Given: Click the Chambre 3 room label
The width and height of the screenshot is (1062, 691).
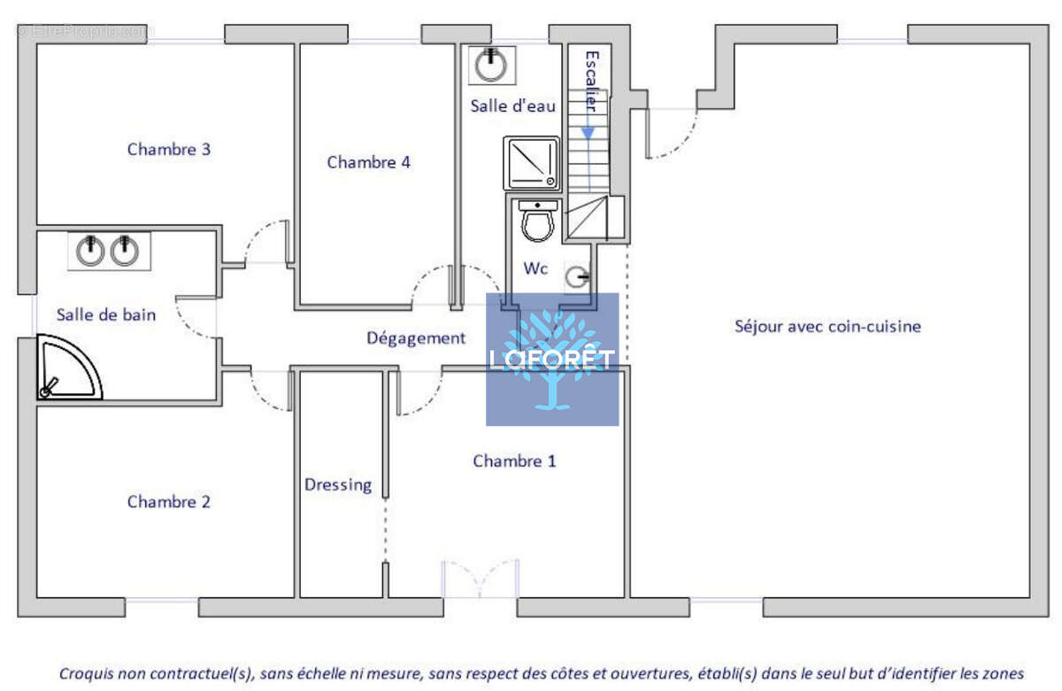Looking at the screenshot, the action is click(169, 150).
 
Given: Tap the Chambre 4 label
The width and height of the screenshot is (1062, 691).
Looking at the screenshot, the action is click(368, 162).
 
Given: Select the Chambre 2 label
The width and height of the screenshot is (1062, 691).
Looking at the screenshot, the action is click(169, 501).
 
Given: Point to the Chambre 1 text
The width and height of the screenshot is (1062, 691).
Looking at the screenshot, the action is click(514, 461).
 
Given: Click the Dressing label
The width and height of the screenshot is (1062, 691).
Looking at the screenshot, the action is click(338, 485).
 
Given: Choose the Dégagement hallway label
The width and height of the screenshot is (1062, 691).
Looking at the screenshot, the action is click(416, 338).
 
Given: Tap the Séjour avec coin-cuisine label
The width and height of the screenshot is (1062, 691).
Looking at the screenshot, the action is click(827, 327).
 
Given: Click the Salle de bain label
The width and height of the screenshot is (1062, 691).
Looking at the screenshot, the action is click(106, 314).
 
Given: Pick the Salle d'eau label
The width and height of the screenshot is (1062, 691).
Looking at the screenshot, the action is click(513, 105).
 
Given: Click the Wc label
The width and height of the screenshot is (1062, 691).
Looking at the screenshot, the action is click(535, 268).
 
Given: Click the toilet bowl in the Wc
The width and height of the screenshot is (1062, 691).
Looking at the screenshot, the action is click(538, 221).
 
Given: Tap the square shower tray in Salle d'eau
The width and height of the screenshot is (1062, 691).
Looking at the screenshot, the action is click(532, 163).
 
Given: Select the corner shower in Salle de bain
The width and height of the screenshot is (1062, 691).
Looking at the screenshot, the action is click(69, 368).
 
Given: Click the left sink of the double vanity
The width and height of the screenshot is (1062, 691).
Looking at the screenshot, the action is click(90, 250).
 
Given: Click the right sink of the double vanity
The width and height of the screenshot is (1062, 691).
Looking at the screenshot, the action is click(125, 250).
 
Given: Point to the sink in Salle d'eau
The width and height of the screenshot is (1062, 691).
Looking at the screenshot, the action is click(491, 65).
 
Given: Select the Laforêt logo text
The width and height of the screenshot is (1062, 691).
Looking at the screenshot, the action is click(552, 360).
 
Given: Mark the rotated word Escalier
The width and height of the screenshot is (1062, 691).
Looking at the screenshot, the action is click(592, 82).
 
